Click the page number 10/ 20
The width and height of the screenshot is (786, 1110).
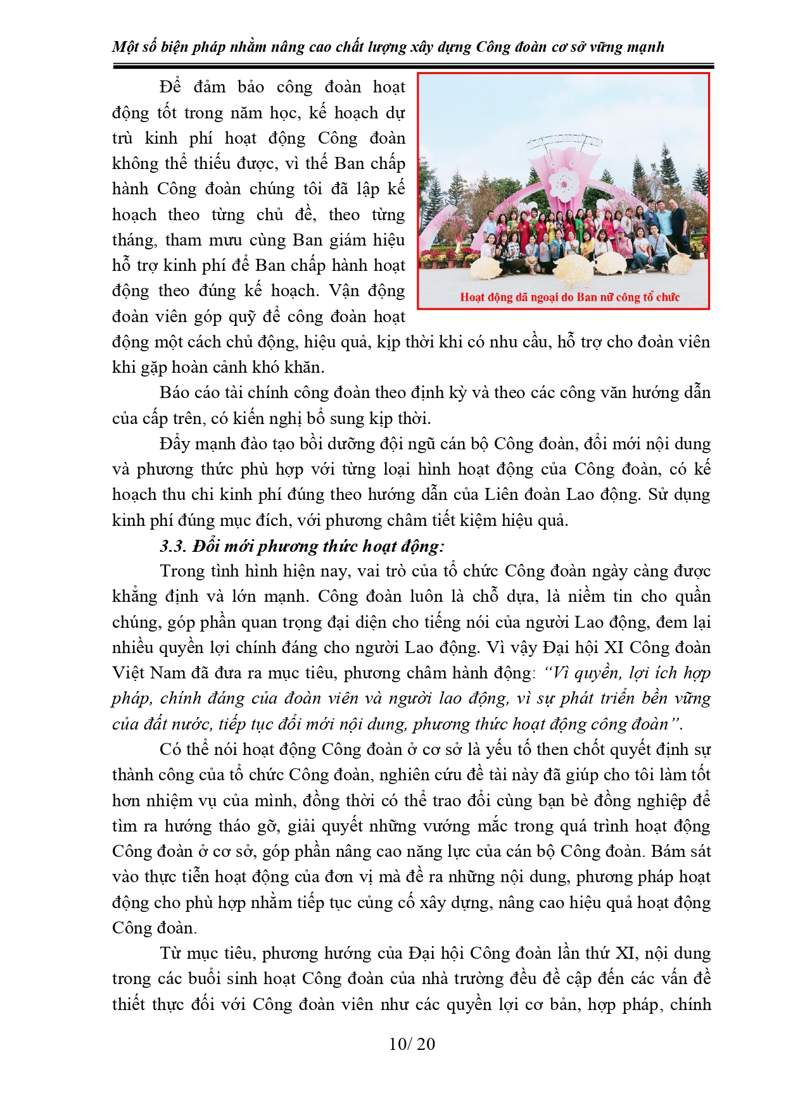point(412,1044)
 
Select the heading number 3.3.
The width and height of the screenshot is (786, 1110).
point(172,546)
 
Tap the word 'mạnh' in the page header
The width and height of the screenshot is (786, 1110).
point(647,47)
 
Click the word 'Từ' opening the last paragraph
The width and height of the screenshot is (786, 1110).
point(171,953)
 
